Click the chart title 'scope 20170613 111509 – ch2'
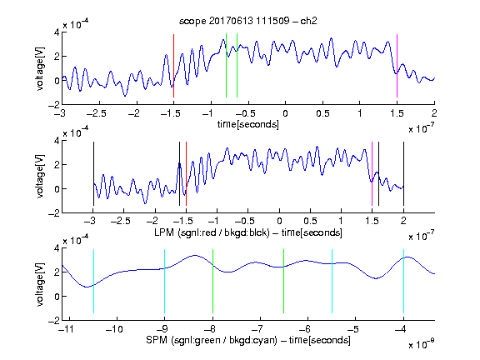coord(248,21)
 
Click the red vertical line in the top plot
coord(173,66)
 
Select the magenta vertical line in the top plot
coord(397,66)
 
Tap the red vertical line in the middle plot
coord(186,174)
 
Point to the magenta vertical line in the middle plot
coord(372,174)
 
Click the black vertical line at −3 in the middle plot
coord(93,174)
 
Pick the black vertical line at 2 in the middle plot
coord(403,174)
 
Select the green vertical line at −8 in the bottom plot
coord(212,282)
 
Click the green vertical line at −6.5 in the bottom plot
coord(284,282)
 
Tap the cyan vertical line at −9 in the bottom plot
coord(165,282)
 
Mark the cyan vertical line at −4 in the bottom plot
coord(403,282)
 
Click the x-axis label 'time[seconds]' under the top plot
coord(248,124)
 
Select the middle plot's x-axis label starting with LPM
coord(248,232)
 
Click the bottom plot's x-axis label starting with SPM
coord(248,340)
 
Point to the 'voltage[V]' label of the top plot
coord(40,68)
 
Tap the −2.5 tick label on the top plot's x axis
coord(97,113)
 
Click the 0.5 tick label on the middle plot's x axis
coord(310,221)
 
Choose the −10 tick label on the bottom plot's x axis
coord(114,329)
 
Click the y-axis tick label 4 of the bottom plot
coord(57,248)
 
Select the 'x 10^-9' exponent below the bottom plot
coord(422,344)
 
